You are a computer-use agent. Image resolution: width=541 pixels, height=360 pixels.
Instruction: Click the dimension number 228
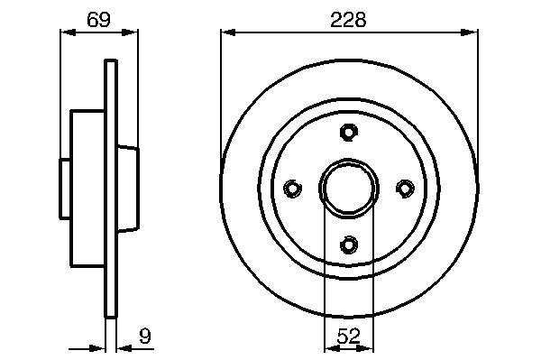348,20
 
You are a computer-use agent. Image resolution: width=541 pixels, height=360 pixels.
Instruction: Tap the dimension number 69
98,20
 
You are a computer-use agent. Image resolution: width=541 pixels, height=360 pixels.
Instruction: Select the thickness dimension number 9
145,336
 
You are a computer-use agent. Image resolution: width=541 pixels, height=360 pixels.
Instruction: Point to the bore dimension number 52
348,336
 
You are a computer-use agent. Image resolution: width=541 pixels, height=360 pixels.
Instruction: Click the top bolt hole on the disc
349,133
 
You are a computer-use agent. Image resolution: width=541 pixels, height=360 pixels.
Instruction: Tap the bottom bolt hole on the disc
349,245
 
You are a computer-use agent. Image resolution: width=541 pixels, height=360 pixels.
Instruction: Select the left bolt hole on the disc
292,189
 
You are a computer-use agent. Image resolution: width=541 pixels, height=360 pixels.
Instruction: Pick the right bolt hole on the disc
405,189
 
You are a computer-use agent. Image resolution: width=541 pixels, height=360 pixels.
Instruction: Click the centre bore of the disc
348,189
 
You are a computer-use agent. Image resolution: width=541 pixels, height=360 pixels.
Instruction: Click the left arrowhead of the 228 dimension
228,32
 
